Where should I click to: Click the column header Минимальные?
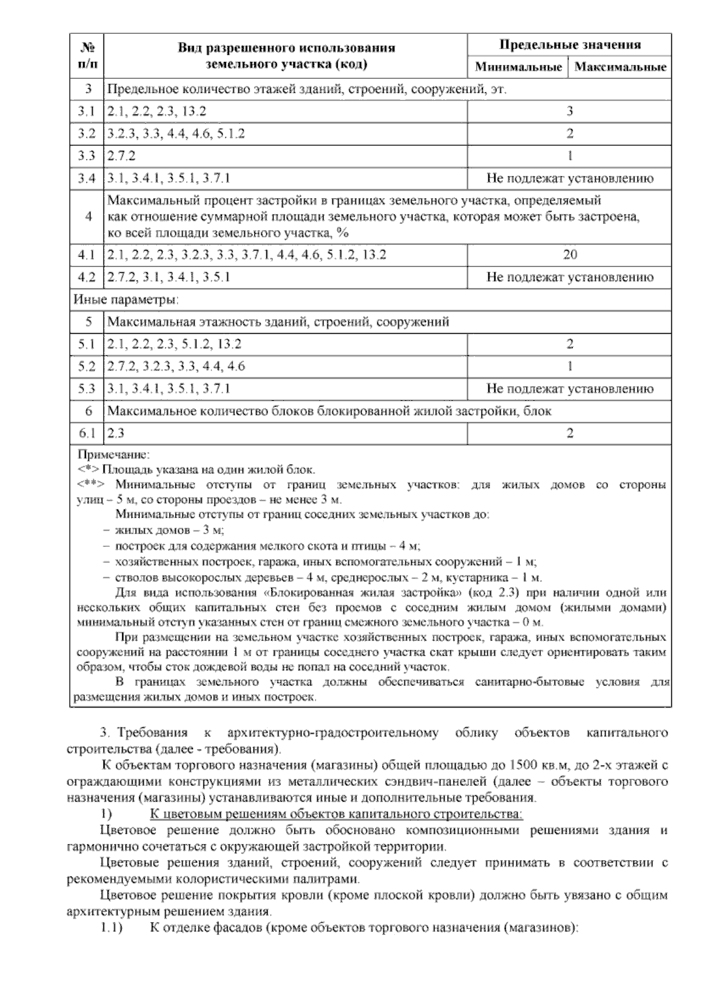(x=518, y=67)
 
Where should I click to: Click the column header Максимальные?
(x=620, y=67)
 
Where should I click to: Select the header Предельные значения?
(x=570, y=44)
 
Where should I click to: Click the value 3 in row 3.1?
(x=570, y=111)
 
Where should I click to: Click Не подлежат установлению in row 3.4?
(x=570, y=178)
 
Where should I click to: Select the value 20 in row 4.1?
(x=570, y=255)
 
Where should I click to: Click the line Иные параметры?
(x=126, y=300)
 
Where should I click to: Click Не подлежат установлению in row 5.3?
(x=570, y=389)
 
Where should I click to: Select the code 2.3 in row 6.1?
(x=116, y=433)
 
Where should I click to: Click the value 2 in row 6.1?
(x=570, y=433)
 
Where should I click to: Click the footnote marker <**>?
(x=91, y=484)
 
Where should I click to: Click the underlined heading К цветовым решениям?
(x=336, y=814)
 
